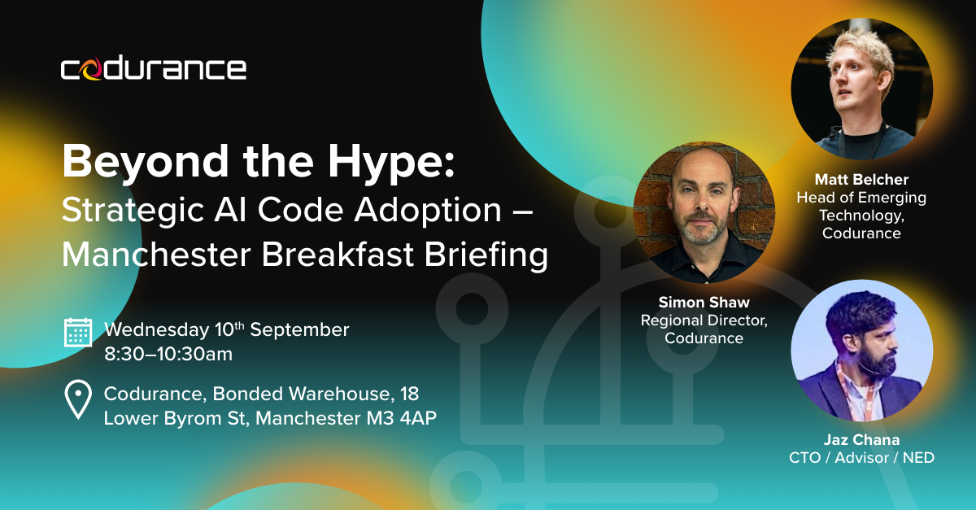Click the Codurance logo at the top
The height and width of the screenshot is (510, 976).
pos(154,69)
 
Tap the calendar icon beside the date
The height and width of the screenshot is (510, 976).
pos(78,333)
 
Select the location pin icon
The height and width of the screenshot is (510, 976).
pos(78,399)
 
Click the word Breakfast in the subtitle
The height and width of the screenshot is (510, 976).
pos(338,255)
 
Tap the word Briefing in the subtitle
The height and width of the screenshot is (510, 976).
pos(486,256)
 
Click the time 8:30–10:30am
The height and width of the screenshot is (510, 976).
pos(168,354)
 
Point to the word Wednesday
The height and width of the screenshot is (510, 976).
pos(157,330)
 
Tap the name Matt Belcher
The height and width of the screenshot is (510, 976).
pos(861,179)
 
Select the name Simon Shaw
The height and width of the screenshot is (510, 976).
pos(704,302)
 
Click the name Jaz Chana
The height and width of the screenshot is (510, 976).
pos(861,440)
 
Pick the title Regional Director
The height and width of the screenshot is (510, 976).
pos(704,320)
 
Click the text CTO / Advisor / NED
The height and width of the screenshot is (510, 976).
pos(861,458)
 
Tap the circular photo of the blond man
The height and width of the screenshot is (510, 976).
pos(862,89)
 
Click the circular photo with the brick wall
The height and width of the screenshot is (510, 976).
pos(704,212)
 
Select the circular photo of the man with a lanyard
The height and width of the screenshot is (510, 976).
pos(862,351)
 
